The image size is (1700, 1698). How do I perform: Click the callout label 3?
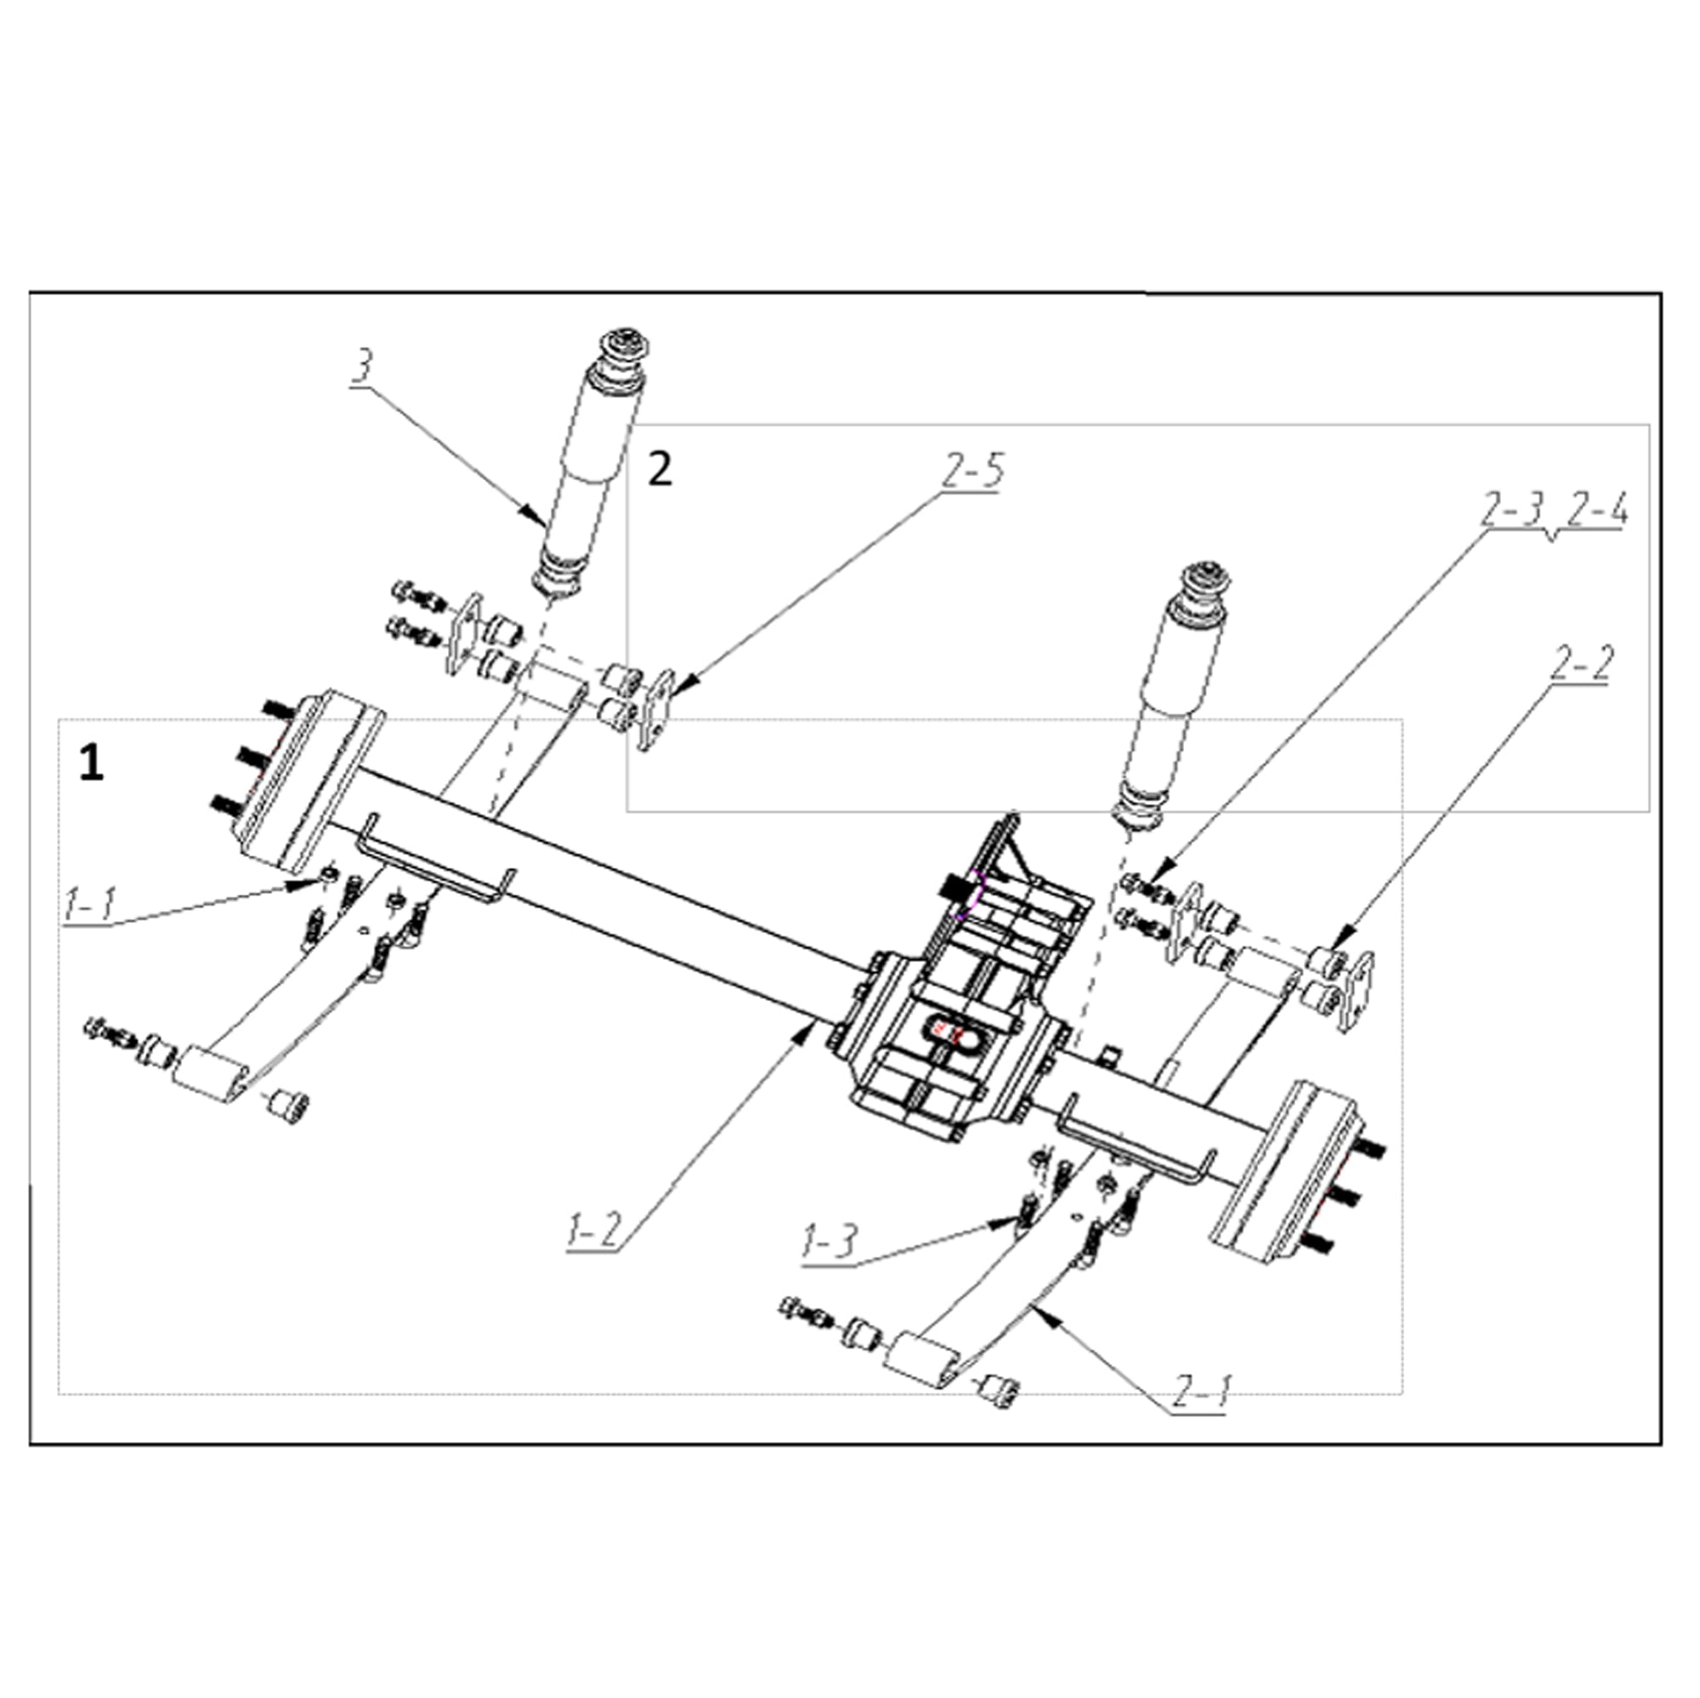[x=360, y=368]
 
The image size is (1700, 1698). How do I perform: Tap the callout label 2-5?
[x=972, y=472]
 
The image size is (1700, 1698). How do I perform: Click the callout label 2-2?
[x=1580, y=665]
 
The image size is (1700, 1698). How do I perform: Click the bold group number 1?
[x=92, y=763]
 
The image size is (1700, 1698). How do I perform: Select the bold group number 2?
[x=660, y=470]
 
